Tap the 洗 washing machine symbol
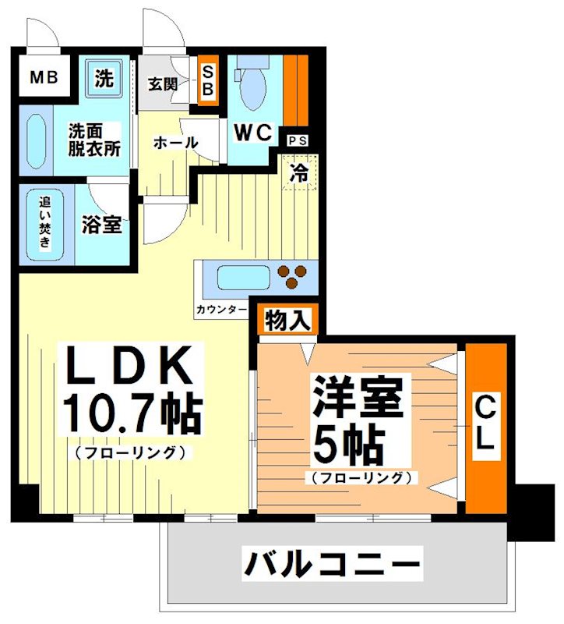tap(104, 77)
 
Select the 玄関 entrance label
tap(163, 83)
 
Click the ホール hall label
tap(175, 143)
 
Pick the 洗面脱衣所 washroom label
tap(93, 140)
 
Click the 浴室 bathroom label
tap(102, 224)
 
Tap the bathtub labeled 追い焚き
tap(45, 223)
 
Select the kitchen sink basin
tap(242, 278)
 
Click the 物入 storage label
tap(288, 320)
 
